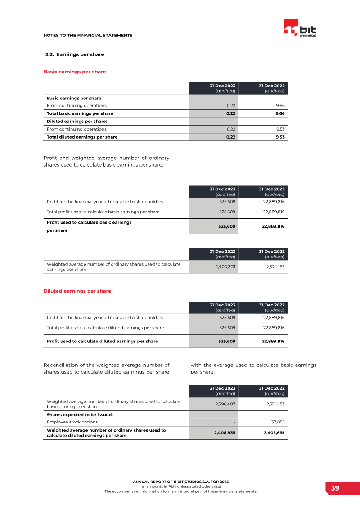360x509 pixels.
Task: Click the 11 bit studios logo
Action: pos(300,28)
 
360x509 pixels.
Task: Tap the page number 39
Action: pos(335,488)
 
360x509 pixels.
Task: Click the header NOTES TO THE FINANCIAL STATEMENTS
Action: pos(88,35)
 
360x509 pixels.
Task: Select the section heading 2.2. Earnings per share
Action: pos(75,54)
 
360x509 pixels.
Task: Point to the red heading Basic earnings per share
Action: pos(75,72)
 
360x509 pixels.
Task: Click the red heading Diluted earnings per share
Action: pos(77,291)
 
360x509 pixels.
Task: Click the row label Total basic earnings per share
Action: pos(80,113)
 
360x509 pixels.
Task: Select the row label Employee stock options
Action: pos(72,422)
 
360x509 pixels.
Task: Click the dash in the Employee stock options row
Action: pos(234,422)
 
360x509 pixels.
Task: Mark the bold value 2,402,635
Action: pos(273,433)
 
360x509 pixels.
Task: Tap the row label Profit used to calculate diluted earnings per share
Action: pos(102,341)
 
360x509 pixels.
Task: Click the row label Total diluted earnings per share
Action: pos(82,137)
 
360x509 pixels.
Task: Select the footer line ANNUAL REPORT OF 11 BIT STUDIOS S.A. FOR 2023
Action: pos(181,482)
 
